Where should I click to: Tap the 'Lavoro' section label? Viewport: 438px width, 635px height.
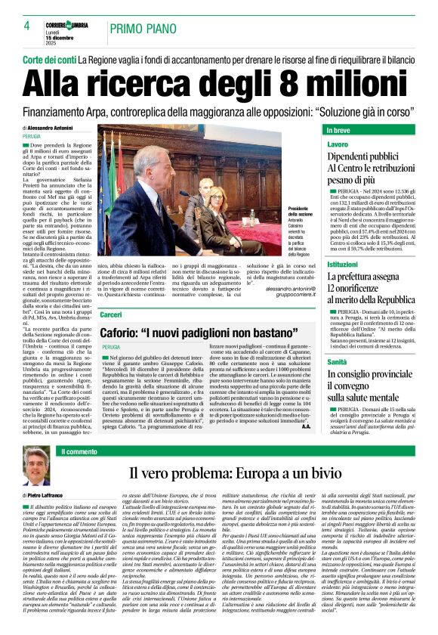click(x=338, y=144)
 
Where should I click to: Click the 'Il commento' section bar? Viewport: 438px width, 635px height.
click(x=79, y=451)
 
